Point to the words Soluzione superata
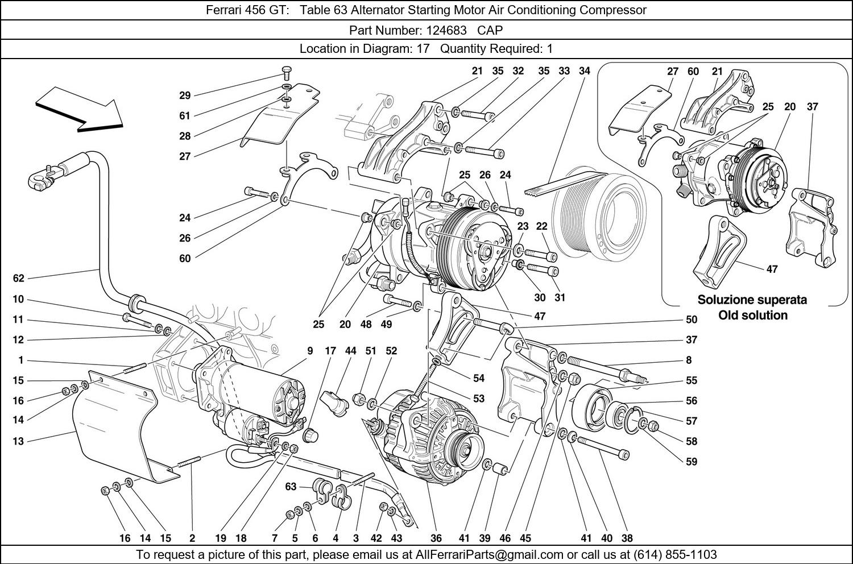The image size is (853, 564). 752,300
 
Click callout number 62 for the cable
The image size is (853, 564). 19,278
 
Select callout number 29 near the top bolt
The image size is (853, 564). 185,96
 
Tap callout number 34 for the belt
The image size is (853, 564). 584,71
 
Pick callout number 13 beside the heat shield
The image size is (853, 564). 19,441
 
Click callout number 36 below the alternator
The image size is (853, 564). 436,538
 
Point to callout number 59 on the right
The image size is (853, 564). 691,462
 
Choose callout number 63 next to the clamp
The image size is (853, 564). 291,487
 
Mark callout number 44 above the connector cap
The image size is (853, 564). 350,351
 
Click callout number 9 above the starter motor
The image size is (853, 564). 310,351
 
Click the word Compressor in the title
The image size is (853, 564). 616,10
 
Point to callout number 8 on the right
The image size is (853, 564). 689,360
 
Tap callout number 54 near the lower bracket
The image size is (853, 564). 478,378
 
